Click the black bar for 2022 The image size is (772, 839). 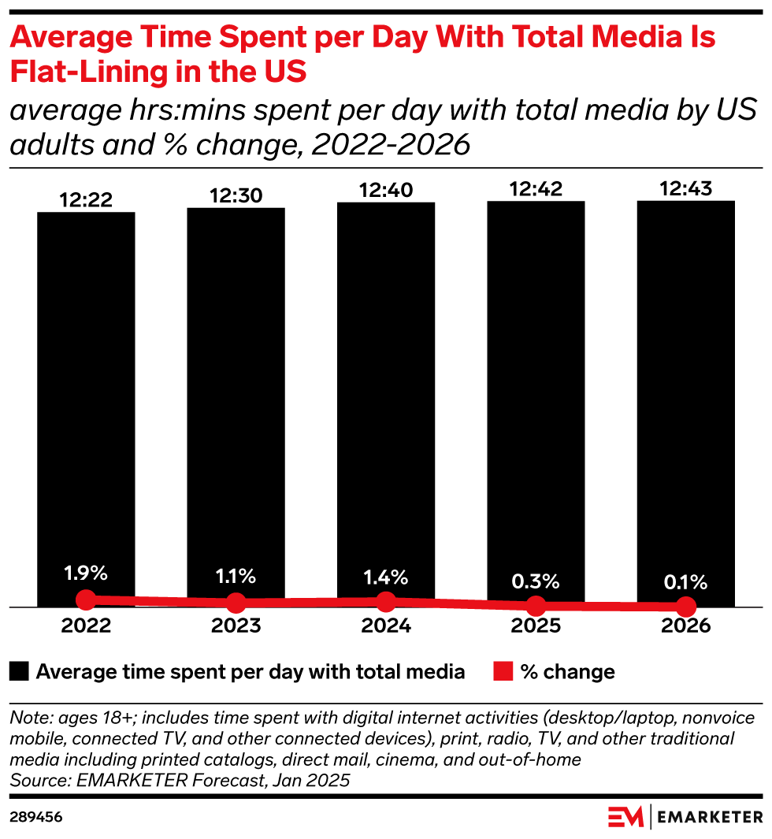[86, 394]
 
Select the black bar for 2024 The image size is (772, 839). [386, 394]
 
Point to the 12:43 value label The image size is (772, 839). [685, 190]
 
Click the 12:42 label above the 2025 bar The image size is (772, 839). [536, 191]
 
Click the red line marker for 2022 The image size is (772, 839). [86, 600]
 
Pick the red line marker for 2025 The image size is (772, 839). [536, 606]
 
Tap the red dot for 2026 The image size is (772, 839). [685, 607]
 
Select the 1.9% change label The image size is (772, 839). [86, 573]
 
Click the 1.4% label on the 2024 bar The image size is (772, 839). [386, 576]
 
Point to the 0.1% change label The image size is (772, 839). [685, 583]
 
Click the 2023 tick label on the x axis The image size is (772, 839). [236, 627]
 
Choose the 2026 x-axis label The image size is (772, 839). [685, 627]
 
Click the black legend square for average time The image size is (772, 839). [20, 672]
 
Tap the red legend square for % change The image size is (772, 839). [502, 672]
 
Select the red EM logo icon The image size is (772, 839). [625, 817]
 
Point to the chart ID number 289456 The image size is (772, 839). [35, 818]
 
